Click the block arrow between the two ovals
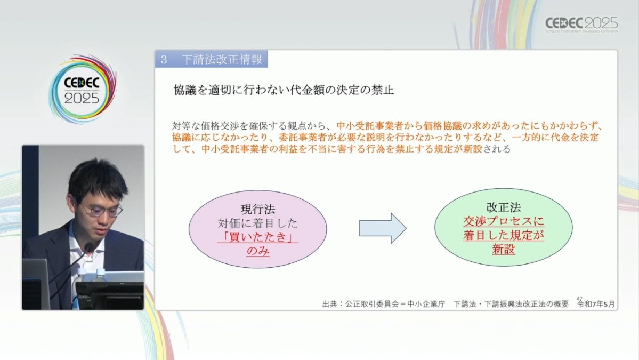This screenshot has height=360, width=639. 382,228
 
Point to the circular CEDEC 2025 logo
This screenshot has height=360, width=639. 82,89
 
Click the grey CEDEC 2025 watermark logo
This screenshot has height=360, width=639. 581,24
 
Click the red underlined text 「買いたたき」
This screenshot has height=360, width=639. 257,237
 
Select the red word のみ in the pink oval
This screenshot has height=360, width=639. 258,251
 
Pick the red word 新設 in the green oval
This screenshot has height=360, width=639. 504,249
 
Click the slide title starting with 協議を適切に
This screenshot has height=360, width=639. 284,90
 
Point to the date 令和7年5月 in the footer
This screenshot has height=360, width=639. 596,304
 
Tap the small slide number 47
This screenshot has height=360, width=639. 579,299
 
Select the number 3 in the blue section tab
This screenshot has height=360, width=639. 164,60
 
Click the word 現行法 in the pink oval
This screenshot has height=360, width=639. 258,209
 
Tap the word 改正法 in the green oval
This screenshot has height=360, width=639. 504,207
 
